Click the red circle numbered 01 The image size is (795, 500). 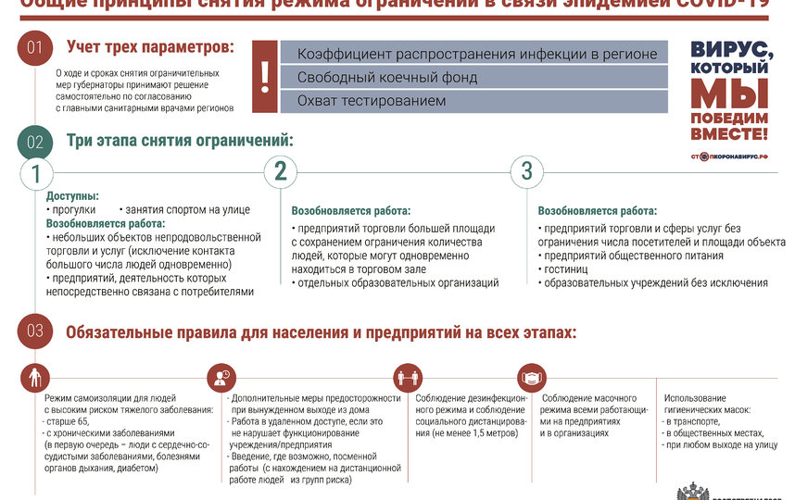pos(34,48)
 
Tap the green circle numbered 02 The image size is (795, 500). pos(34,142)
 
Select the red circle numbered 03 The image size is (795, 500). pos(34,331)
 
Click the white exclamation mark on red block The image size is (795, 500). pos(265,77)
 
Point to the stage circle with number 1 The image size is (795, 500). pos(36,173)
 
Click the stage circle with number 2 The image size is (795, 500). pos(281,171)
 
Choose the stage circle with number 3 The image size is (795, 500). pos(527,171)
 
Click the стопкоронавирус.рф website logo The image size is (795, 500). pos(731,156)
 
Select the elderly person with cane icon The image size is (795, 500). pos(35,378)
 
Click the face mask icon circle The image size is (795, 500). pos(531,378)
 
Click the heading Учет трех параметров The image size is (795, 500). pos(150,46)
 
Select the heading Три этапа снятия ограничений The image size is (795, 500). pos(179,142)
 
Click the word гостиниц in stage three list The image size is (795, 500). pos(564,269)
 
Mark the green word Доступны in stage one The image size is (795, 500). pos(72,196)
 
